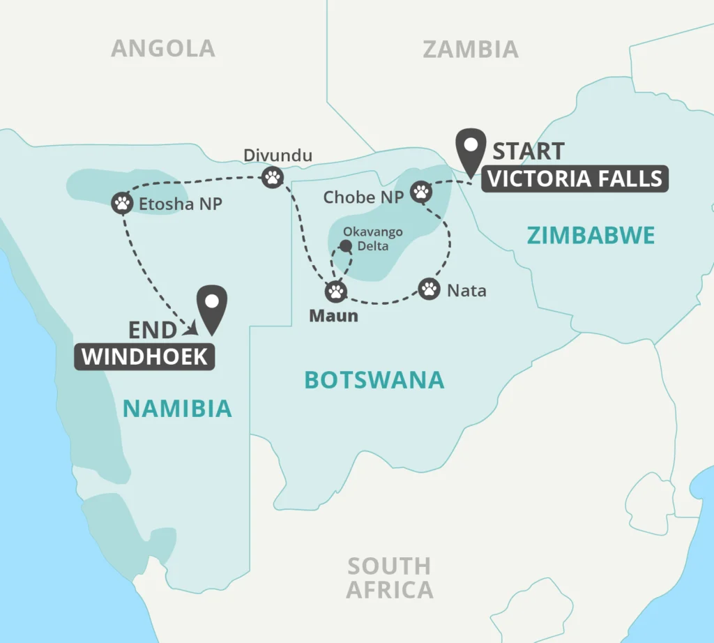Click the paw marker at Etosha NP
point(122,203)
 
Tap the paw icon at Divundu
point(272,177)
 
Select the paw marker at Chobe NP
point(420,190)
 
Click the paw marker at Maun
point(337,291)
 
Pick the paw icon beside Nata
point(429,287)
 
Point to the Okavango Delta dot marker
point(344,245)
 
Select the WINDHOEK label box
point(144,356)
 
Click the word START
point(528,151)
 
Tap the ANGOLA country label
point(163,48)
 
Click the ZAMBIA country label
point(471,49)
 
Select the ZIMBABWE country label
point(591,236)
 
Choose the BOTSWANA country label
point(374,379)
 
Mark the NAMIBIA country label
point(177,408)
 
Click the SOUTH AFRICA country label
point(389,577)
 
